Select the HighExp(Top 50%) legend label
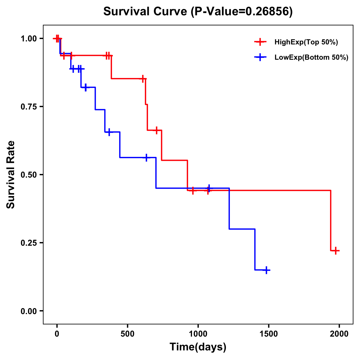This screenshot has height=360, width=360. click(306, 42)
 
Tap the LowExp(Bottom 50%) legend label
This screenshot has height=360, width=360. click(311, 58)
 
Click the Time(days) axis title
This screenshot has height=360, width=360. click(198, 347)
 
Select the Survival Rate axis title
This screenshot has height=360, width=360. click(11, 175)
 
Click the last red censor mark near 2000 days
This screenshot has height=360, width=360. click(336, 250)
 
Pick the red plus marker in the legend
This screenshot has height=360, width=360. click(260, 42)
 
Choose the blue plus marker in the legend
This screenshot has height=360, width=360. click(260, 58)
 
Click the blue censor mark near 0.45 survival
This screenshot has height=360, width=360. click(208, 188)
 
